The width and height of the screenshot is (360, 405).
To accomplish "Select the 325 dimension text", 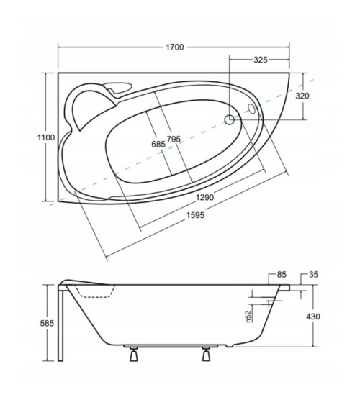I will (261, 60).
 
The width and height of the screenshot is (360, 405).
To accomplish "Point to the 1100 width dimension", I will (46, 137).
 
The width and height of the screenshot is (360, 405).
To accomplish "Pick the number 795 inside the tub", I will (173, 139).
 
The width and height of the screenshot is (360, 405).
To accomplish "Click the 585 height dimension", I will (48, 323).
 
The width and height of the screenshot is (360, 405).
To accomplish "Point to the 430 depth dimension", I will (313, 317).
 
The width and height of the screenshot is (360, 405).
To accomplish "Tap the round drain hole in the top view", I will (230, 120).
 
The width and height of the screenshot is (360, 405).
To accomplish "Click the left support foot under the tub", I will (132, 354).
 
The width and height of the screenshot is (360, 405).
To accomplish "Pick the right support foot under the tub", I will (207, 354).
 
